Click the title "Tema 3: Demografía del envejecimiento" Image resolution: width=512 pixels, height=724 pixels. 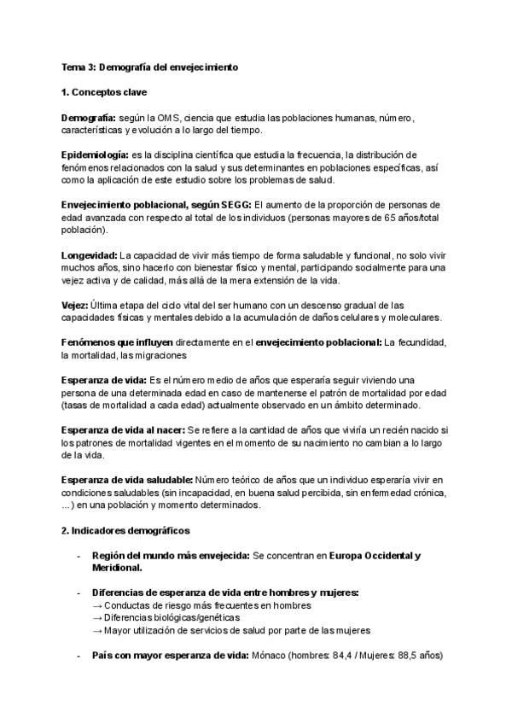coord(149,66)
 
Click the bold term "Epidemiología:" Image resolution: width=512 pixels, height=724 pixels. coord(96,154)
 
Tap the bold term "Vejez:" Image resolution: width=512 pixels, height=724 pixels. coord(74,305)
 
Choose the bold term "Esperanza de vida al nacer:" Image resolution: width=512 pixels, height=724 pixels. coord(123,429)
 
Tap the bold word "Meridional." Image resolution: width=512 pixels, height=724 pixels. coord(117,568)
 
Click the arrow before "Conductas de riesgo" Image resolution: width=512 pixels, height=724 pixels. coord(96,605)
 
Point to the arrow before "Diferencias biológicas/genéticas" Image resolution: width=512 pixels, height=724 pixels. coord(96,617)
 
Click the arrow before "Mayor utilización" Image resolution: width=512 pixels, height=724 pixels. coord(96,630)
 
